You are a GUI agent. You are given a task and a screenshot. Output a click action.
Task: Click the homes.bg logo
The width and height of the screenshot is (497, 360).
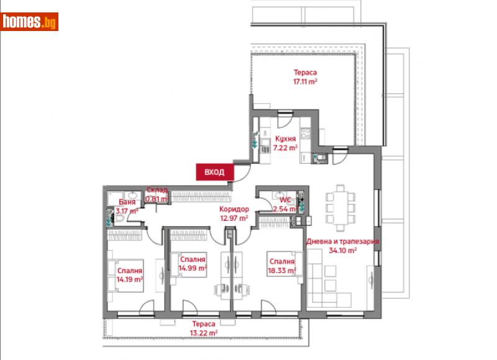pyautogui.click(x=30, y=22)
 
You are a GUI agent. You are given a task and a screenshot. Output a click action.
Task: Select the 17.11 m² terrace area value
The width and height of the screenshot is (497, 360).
pyautogui.click(x=306, y=81)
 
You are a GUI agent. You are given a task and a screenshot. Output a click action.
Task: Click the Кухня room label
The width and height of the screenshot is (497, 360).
pyautogui.click(x=285, y=139)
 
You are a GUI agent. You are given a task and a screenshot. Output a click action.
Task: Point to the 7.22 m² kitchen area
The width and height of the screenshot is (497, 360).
pyautogui.click(x=285, y=148)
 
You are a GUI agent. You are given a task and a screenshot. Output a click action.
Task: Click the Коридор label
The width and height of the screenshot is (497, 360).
pyautogui.click(x=234, y=210)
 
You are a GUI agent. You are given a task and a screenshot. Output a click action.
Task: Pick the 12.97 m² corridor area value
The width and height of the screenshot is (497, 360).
pyautogui.click(x=234, y=218)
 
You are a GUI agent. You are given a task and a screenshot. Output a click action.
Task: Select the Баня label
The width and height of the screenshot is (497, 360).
pyautogui.click(x=127, y=202)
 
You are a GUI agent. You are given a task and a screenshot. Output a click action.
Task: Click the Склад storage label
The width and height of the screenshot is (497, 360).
pyautogui.click(x=157, y=191)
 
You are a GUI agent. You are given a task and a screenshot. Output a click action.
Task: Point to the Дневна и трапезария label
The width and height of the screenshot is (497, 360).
pyautogui.click(x=342, y=242)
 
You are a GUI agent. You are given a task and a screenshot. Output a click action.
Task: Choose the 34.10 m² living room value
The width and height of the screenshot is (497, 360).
pyautogui.click(x=342, y=251)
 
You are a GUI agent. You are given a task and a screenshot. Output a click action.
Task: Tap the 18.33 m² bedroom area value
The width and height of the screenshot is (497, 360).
pyautogui.click(x=281, y=271)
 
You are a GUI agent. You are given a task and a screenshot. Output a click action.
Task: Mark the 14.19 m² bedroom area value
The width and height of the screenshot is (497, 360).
pyautogui.click(x=129, y=279)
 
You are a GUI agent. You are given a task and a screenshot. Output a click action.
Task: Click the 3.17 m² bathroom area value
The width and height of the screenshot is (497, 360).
pyautogui.click(x=127, y=211)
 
